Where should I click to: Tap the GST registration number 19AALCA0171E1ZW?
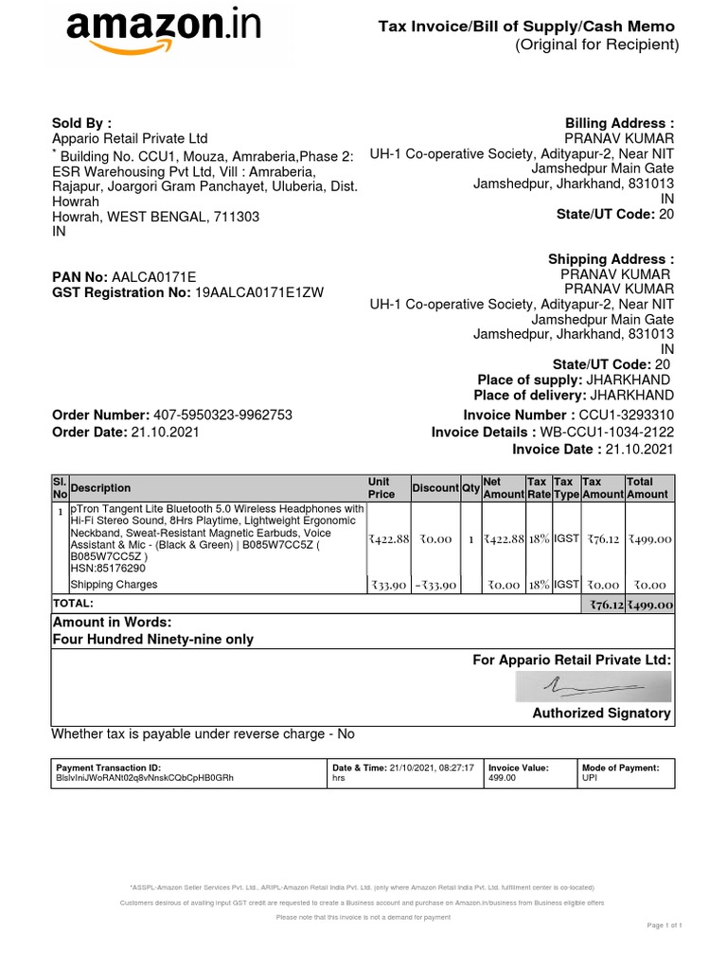tap(258, 293)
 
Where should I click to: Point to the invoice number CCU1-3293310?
tap(626, 415)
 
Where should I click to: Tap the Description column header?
tap(100, 488)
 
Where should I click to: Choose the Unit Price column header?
tap(381, 487)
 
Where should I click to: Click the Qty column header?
tap(470, 488)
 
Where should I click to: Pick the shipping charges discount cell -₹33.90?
tap(435, 586)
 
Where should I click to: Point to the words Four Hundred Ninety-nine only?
tap(153, 640)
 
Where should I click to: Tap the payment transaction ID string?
tap(144, 778)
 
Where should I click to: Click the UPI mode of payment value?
tap(590, 778)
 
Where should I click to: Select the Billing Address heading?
tap(619, 123)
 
